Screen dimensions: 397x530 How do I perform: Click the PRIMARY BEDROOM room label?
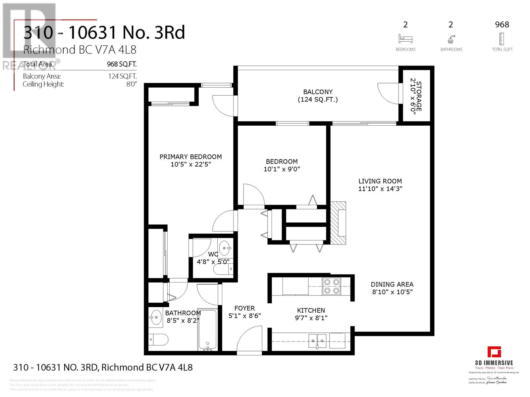pos(190,157)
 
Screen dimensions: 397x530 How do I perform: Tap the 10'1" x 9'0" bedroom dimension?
pos(282,169)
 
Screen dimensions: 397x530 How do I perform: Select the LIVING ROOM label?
pos(380,181)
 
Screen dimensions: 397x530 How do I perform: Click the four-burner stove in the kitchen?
pos(332,286)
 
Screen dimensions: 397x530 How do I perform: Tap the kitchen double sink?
pos(317,339)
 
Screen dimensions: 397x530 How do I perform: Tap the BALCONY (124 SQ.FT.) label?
pos(318,96)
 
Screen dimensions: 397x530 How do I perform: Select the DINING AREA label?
pos(392,285)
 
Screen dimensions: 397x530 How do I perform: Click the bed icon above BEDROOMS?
pos(405,39)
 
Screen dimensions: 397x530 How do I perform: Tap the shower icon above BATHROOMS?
pos(451,40)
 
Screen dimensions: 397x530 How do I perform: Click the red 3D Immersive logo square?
pos(494,352)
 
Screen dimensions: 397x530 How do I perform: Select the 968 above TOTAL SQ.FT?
pos(502,24)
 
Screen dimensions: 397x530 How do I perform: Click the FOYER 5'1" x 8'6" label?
pos(244,312)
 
